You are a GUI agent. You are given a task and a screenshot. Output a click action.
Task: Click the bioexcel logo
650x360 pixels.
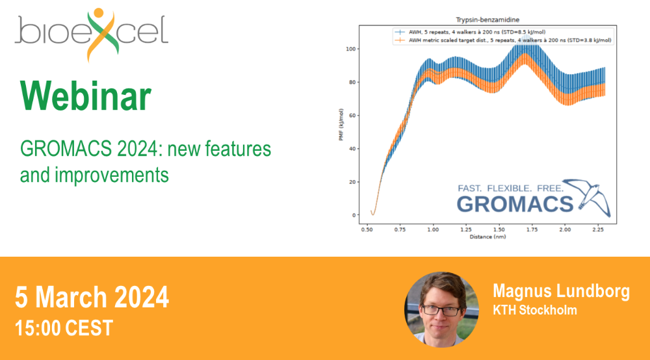92,34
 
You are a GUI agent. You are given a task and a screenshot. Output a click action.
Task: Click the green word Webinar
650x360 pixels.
86,96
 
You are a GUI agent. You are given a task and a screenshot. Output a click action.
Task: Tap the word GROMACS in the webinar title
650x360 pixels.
66,149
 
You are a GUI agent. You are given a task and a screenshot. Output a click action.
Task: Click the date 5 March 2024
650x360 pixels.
92,297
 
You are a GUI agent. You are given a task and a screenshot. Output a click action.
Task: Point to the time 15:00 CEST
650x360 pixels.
64,328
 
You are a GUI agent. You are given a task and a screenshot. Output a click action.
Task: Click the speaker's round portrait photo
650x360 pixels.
441,309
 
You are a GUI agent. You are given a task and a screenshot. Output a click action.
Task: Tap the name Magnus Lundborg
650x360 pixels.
562,291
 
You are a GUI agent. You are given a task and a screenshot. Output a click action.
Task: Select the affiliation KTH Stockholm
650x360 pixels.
535,310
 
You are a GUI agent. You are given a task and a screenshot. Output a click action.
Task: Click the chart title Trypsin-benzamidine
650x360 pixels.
487,19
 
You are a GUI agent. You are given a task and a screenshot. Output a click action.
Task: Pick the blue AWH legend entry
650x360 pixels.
470,32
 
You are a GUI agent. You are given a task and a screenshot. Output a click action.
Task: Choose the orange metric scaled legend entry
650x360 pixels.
503,40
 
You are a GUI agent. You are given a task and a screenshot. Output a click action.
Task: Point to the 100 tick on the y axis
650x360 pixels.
351,49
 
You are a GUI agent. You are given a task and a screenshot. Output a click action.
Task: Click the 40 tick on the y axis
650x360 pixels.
352,149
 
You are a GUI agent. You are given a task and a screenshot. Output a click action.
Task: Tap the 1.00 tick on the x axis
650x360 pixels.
433,229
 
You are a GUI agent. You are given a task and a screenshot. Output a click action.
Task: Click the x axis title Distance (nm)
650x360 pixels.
487,237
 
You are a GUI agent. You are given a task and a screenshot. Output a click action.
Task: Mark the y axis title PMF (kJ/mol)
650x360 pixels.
341,125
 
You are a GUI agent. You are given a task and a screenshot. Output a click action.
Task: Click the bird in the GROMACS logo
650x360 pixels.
587,197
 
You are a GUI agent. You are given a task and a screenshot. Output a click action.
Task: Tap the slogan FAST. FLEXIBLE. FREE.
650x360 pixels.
510,188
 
